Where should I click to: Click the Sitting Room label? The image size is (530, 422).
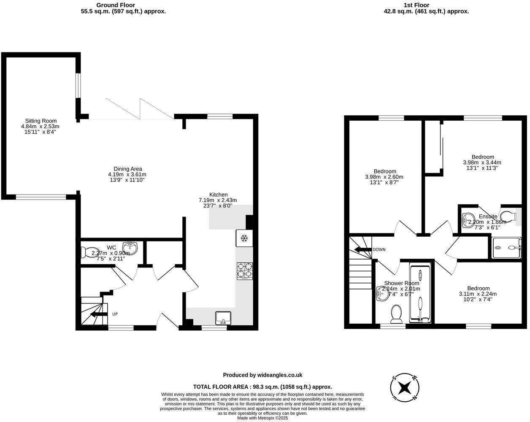click(41, 121)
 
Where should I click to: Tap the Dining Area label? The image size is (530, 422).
click(127, 169)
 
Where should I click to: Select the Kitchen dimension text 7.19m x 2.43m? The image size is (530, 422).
click(218, 200)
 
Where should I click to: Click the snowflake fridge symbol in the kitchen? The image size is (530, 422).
click(243, 238)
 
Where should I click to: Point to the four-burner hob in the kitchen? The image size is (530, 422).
click(245, 271)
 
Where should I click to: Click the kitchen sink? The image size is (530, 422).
click(223, 317)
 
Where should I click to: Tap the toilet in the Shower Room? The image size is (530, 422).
click(396, 314)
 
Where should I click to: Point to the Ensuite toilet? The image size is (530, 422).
click(508, 216)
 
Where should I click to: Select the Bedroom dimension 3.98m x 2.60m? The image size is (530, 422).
click(384, 177)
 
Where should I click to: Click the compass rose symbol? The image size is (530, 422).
click(404, 387)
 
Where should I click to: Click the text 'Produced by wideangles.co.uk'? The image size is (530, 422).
click(262, 375)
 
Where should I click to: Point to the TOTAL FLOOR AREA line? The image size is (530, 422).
click(262, 387)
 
